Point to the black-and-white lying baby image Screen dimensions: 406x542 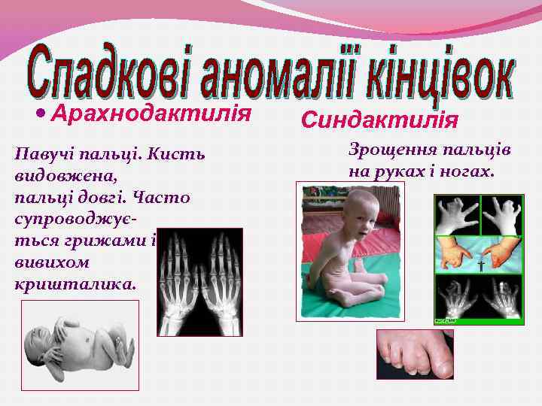click(x=79, y=349)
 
